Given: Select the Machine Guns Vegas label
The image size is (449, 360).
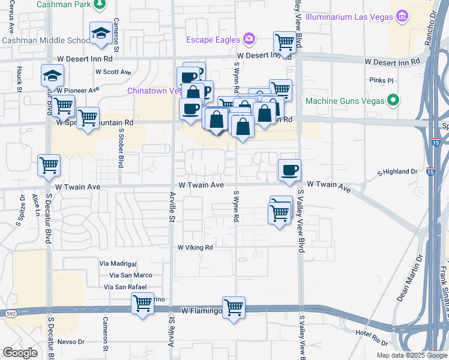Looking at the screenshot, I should tap(344, 100).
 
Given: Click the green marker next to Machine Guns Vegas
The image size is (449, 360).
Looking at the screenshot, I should tap(393, 100).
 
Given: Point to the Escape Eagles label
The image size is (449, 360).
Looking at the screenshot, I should tap(212, 40).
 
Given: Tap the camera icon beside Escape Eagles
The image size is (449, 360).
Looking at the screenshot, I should tap(249, 40).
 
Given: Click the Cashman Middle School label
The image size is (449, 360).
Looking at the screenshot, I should tap(45, 40).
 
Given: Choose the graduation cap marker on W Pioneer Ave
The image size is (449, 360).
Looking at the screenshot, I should tap(52, 76).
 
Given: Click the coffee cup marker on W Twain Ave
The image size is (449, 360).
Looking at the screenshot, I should tap(290, 170).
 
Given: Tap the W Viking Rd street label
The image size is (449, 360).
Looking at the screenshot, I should tap(195, 247).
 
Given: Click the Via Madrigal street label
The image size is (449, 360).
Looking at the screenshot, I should tap(118, 264).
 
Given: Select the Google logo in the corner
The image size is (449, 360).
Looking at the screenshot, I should tap(20, 352).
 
